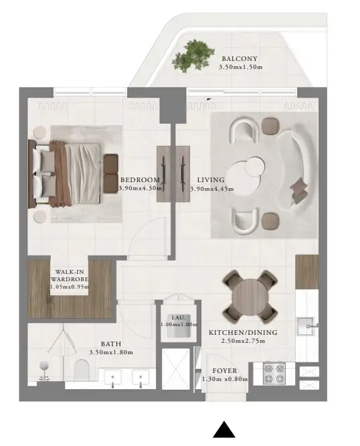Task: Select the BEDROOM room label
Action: click(x=140, y=179)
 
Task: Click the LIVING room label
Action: click(x=211, y=179)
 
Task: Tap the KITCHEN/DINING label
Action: click(x=242, y=332)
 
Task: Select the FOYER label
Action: click(x=224, y=370)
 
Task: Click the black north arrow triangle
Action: click(x=225, y=430)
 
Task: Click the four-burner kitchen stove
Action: click(x=274, y=373)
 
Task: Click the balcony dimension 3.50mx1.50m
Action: click(x=241, y=67)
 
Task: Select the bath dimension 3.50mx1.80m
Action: click(x=111, y=352)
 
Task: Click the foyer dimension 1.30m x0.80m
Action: click(x=224, y=379)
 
